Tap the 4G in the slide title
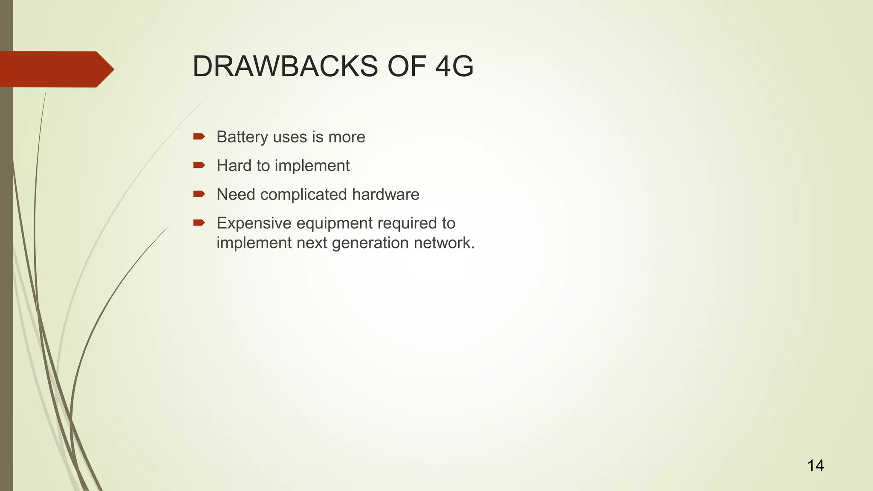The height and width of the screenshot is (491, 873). (x=454, y=67)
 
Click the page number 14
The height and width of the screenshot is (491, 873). (x=815, y=466)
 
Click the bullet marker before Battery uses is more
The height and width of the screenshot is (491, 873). (x=199, y=137)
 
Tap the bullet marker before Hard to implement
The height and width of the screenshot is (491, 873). (x=199, y=165)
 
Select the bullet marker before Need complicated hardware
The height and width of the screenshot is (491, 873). (x=199, y=194)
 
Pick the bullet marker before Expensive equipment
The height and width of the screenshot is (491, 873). (x=199, y=223)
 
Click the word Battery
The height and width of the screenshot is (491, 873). (x=242, y=137)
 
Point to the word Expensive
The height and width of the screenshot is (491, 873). (x=254, y=223)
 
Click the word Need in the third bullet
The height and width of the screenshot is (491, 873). (x=235, y=195)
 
